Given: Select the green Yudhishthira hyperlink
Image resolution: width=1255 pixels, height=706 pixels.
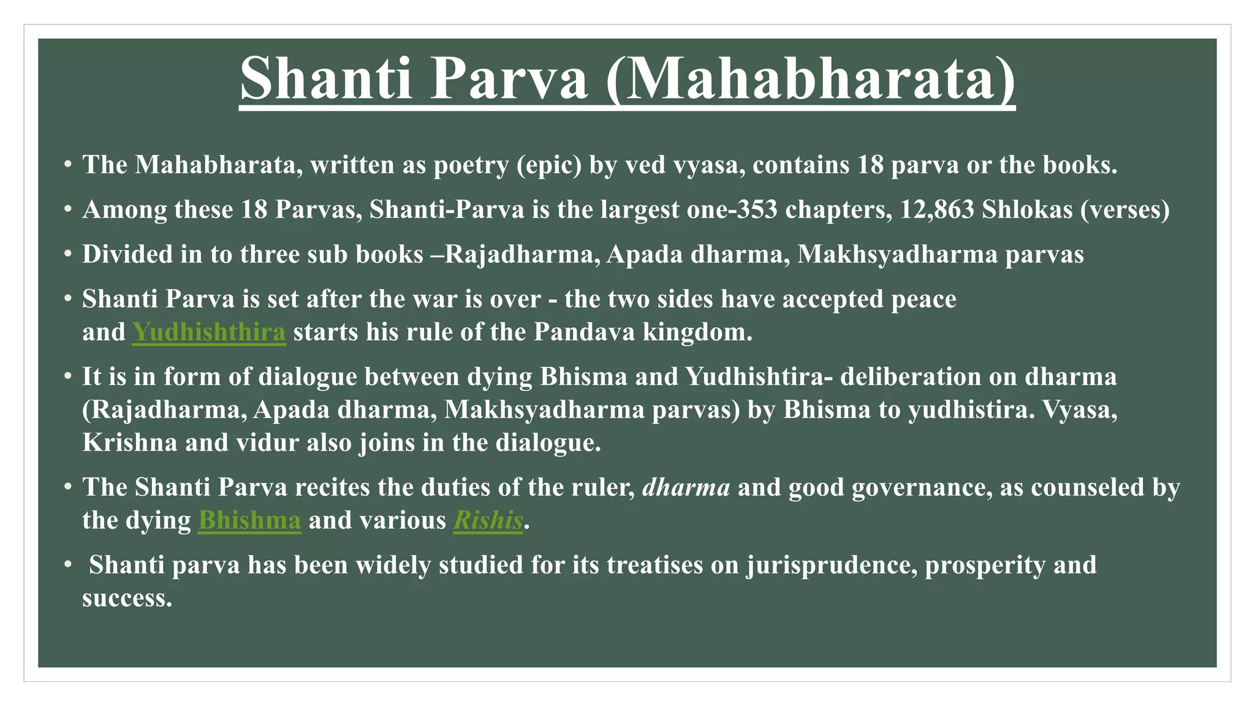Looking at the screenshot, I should point(209,332).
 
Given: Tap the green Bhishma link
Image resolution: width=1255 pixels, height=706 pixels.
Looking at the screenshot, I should point(249,520).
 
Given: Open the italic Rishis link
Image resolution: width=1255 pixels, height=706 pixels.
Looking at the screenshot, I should point(488,520).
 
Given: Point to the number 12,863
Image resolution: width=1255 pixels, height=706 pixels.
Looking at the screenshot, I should point(937,210).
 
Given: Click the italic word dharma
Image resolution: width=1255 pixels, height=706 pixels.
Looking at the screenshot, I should point(686,487).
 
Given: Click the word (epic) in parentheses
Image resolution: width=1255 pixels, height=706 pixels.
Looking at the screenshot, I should point(549,165).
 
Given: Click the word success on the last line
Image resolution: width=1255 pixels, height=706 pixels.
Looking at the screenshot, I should point(127,598).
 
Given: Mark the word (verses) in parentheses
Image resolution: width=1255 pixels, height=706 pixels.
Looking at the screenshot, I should point(1125,210).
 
